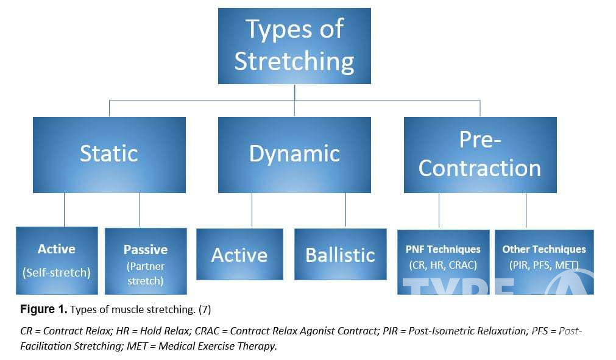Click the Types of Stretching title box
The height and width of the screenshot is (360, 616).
click(294, 46)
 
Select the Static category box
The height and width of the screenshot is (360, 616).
click(109, 155)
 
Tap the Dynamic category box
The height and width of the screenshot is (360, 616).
click(294, 155)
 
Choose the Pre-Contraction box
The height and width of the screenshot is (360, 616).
click(480, 155)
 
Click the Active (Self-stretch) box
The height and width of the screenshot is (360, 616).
click(57, 260)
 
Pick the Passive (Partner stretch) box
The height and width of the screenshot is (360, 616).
click(146, 261)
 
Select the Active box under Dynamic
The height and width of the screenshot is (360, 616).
click(239, 255)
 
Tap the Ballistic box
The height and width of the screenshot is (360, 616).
click(340, 255)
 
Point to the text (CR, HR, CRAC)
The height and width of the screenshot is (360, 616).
click(443, 265)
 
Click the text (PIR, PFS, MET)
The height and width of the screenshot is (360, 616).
click(544, 265)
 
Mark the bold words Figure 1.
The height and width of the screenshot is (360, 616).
click(43, 309)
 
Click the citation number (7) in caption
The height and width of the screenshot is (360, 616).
click(204, 309)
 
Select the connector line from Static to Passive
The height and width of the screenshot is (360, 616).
click(140, 210)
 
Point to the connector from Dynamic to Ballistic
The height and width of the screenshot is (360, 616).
click(345, 210)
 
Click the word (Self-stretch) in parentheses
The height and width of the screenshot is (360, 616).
click(57, 272)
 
